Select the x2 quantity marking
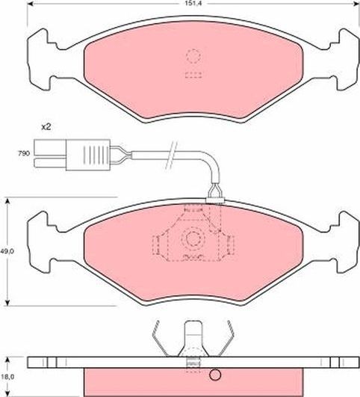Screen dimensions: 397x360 47,126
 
